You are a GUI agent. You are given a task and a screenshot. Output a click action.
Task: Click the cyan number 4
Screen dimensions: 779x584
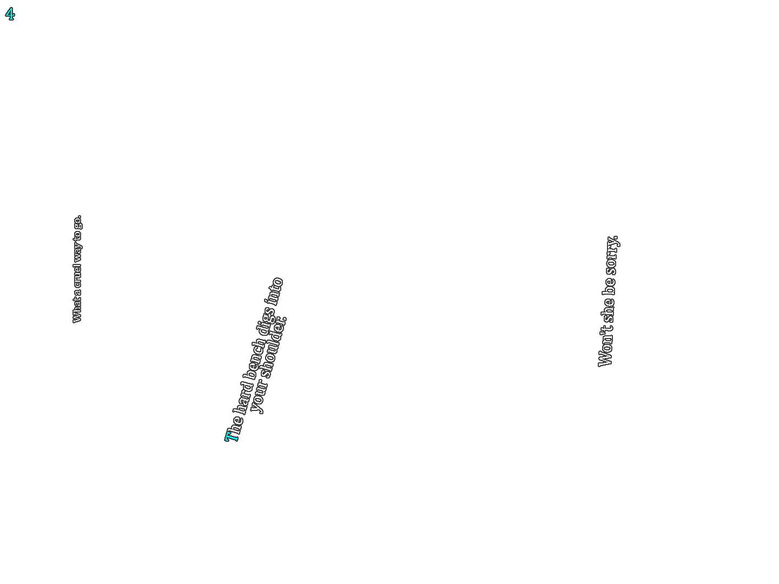pyautogui.click(x=10, y=14)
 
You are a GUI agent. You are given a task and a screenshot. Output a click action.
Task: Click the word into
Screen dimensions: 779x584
pyautogui.click(x=275, y=291)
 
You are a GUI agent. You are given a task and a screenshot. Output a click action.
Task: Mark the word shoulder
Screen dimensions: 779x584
pyautogui.click(x=274, y=348)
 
